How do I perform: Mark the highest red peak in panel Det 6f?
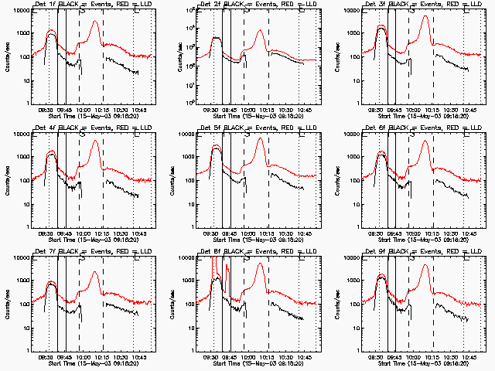click(425, 145)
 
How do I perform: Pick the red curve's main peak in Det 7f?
click(94, 272)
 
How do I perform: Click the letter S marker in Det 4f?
click(81, 134)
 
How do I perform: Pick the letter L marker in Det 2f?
click(302, 10)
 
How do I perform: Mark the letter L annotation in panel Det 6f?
click(467, 134)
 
